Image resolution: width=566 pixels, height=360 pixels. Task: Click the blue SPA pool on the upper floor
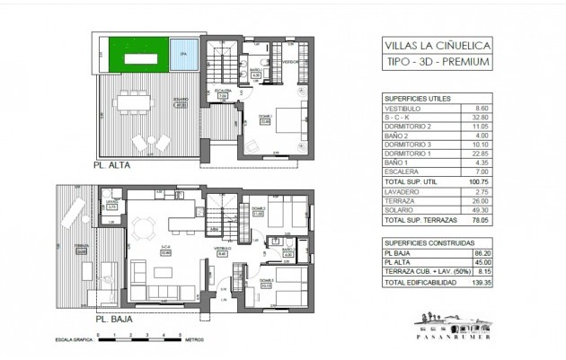click(183, 55)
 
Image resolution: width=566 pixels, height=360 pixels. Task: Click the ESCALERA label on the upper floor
click(223, 92)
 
